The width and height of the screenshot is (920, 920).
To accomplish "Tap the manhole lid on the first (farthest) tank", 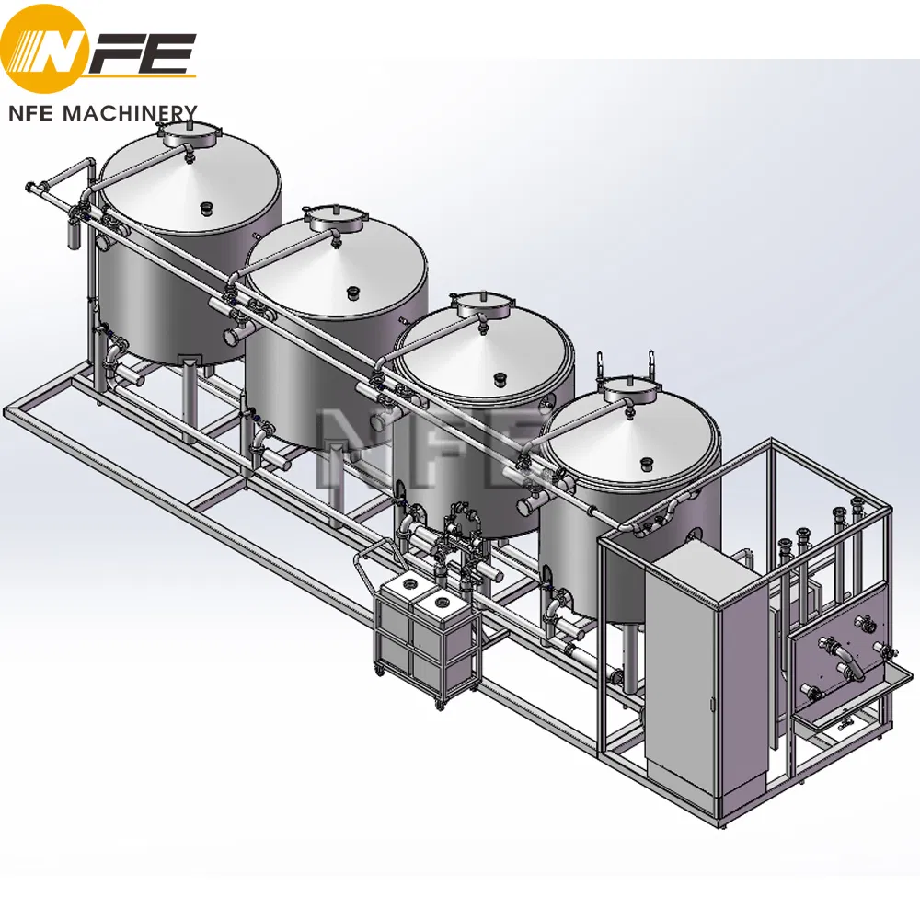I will [185, 136].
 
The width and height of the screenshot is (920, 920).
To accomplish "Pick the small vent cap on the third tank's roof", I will [500, 378].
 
